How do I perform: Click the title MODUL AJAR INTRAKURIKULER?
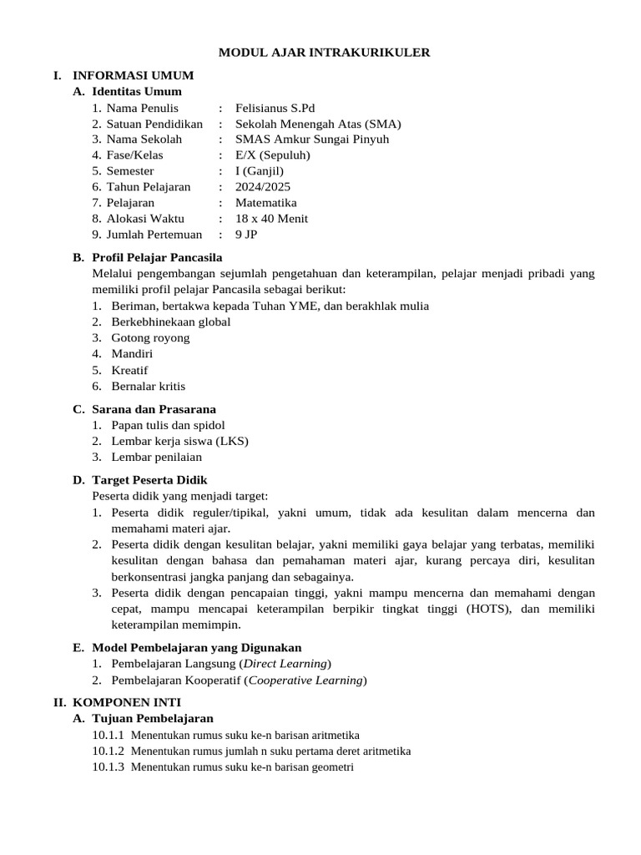(x=324, y=53)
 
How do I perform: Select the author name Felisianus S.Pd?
(x=275, y=108)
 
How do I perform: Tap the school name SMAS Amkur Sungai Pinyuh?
(x=312, y=139)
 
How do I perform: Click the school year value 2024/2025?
(x=263, y=187)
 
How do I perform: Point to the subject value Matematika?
(x=266, y=203)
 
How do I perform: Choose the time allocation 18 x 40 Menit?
(x=272, y=219)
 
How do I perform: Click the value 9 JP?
(x=246, y=235)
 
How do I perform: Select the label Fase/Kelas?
(x=134, y=155)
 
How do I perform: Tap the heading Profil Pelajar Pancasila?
(x=157, y=257)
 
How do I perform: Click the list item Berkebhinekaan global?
(x=171, y=321)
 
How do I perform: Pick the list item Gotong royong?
(x=150, y=337)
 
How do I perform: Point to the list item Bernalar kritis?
(x=149, y=386)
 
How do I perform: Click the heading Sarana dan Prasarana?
(x=154, y=409)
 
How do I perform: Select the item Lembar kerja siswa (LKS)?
(x=180, y=441)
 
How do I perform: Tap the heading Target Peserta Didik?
(x=150, y=480)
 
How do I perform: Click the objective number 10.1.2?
(x=108, y=751)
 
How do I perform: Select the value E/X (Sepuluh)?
(x=273, y=155)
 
